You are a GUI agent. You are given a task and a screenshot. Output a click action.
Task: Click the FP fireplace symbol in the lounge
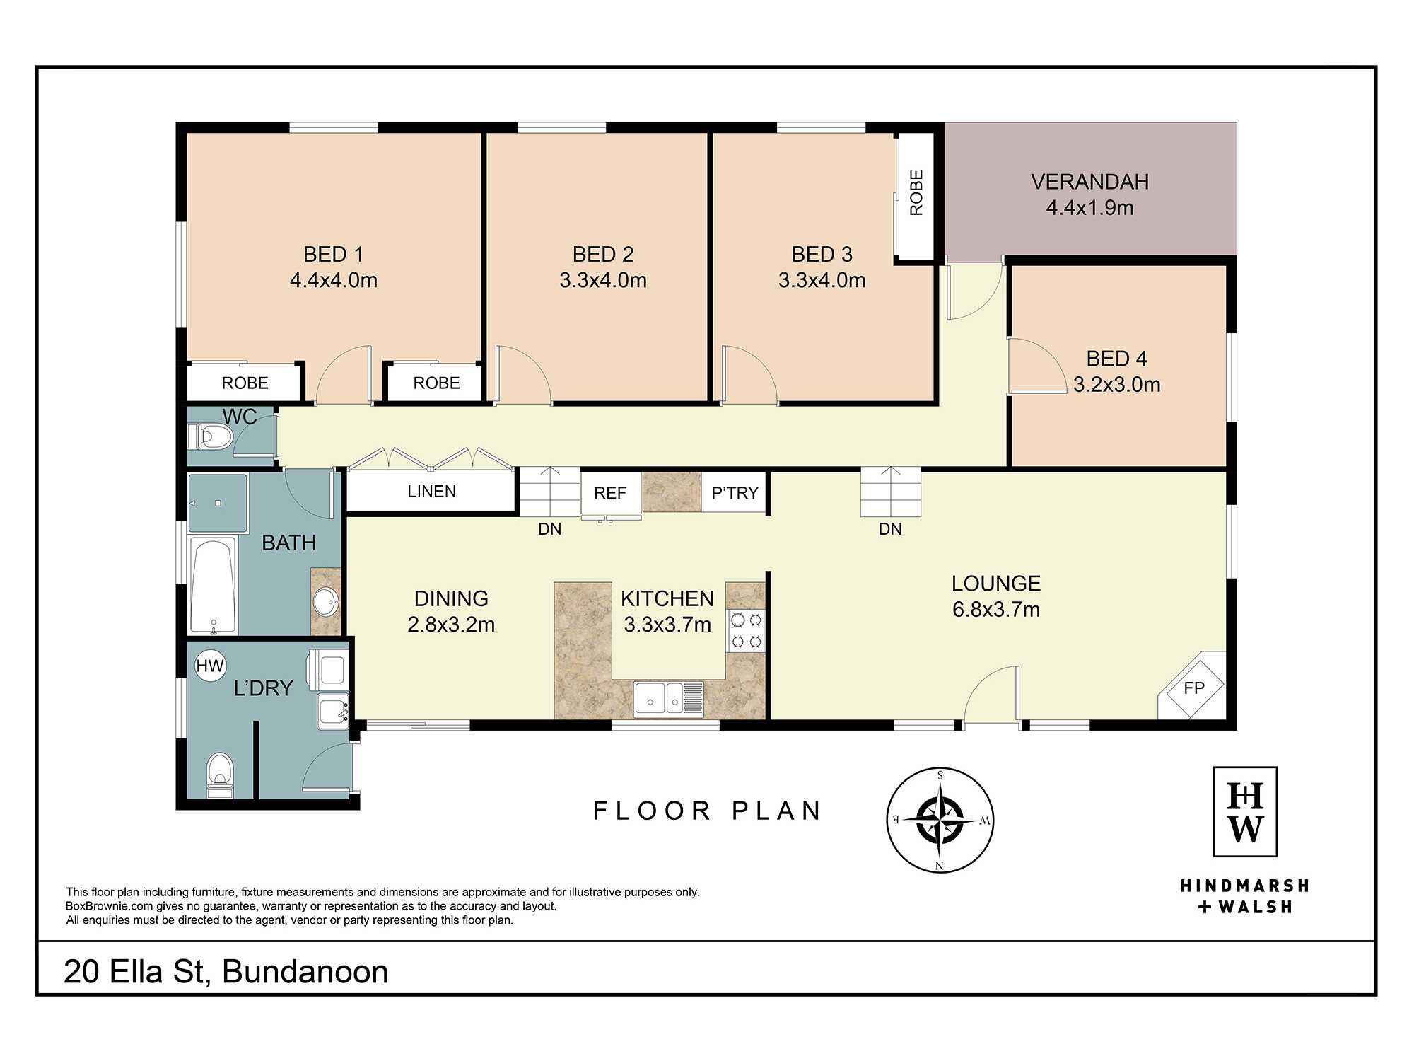point(1193,688)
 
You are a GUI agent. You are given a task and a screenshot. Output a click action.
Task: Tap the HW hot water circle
point(210,666)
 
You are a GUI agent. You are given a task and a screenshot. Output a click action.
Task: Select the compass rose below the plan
point(940,820)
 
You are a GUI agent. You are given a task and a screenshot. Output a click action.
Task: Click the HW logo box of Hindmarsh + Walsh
point(1245,811)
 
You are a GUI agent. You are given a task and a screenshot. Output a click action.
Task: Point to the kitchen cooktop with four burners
point(746,631)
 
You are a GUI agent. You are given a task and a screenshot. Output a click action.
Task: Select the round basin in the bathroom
point(326,602)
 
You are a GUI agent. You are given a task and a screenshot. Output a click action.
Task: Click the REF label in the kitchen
point(610,493)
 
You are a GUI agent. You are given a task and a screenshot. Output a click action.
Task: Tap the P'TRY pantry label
point(735,493)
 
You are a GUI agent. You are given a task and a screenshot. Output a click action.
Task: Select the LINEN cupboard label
point(431,492)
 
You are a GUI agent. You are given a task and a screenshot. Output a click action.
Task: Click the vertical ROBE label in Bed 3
point(916,192)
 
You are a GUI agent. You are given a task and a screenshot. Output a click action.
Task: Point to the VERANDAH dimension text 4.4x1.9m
point(1089,208)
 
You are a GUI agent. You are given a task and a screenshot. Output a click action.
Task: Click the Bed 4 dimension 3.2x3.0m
point(1116,385)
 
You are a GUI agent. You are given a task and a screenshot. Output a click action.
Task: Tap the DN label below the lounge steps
point(890,529)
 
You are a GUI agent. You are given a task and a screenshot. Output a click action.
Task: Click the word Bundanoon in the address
point(305,972)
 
